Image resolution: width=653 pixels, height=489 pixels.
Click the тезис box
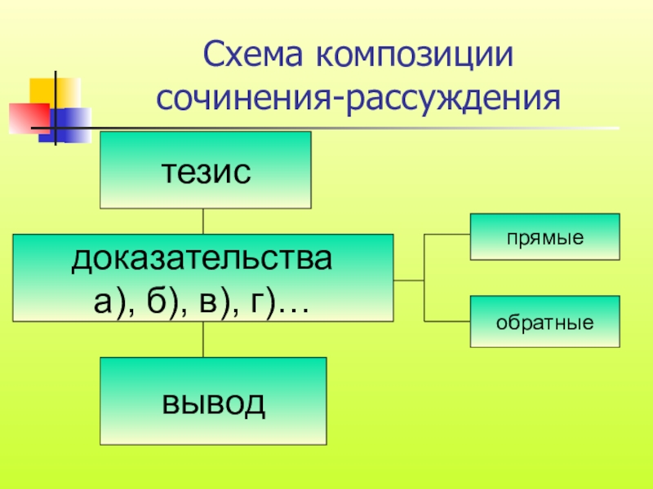pos(205,170)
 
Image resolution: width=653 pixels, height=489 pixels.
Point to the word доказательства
pos(203,261)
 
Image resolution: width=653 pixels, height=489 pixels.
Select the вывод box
pos(213,400)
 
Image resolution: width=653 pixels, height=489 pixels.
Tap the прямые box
pos(544,236)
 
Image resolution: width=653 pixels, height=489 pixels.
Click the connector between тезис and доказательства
pos(203,221)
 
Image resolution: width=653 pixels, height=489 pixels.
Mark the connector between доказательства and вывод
pos(203,339)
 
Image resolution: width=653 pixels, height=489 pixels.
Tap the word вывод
pos(213,402)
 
